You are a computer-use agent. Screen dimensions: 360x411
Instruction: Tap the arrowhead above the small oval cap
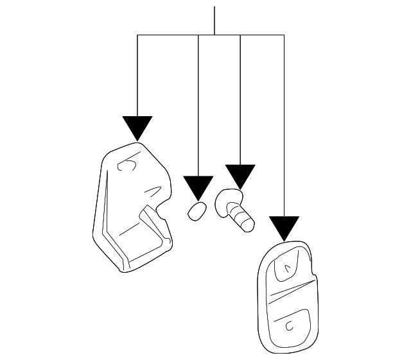pyautogui.click(x=198, y=187)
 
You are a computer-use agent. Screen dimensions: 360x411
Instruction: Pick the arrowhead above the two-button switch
pyautogui.click(x=284, y=227)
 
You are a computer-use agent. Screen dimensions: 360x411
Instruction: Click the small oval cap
pyautogui.click(x=197, y=210)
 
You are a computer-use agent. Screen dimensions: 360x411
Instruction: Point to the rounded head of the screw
pyautogui.click(x=225, y=200)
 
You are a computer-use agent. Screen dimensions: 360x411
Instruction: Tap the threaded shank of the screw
pyautogui.click(x=244, y=219)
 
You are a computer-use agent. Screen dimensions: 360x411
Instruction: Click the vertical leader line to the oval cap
pyautogui.click(x=198, y=103)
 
